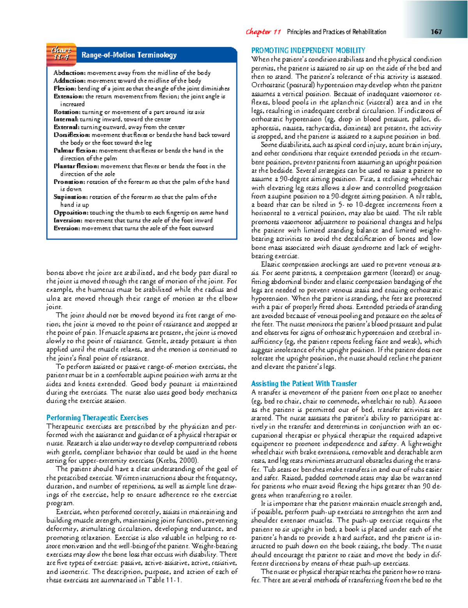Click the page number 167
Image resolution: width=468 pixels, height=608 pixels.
tap(436, 32)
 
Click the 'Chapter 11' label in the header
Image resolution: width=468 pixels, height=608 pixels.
tap(263, 32)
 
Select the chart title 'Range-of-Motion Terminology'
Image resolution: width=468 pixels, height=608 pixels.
tap(129, 55)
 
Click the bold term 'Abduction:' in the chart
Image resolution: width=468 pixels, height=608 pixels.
tap(69, 73)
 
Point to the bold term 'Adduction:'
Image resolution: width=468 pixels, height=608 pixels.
tap(69, 81)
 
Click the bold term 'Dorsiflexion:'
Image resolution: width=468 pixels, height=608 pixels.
tap(72, 135)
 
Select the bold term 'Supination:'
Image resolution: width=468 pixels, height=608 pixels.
tap(71, 197)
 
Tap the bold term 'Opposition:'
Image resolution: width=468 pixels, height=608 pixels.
tap(71, 213)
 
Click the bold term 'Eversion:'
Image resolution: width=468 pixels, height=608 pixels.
tap(67, 228)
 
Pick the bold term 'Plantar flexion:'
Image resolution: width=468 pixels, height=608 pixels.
tap(75, 166)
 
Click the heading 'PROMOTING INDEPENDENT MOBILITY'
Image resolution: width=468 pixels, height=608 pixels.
tap(308, 50)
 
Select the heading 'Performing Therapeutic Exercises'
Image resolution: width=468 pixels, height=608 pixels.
tap(97, 418)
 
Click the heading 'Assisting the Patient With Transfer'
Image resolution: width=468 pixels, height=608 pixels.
tap(304, 384)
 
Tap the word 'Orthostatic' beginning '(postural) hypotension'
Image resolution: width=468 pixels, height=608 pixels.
tap(268, 85)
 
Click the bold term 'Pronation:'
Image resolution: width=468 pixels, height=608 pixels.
tap(69, 182)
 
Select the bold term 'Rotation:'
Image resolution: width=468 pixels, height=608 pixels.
tap(67, 112)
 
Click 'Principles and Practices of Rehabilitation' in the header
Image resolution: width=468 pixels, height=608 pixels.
tap(337, 32)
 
